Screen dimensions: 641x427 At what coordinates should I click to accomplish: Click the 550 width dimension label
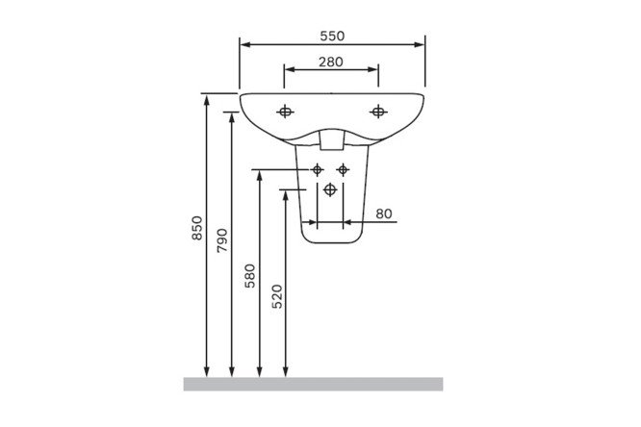pos(332,36)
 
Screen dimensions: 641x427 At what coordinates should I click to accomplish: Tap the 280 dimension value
pos(331,63)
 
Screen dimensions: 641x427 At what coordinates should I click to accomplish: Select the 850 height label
pos(197,228)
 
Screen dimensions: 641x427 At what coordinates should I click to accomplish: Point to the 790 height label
pos(222,240)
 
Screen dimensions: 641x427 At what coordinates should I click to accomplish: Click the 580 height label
pos(250,276)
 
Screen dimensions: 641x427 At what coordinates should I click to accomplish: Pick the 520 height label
pos(277,296)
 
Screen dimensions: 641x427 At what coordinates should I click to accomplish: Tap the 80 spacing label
pos(384,213)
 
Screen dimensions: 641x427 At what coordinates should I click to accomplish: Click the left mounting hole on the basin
pos(285,112)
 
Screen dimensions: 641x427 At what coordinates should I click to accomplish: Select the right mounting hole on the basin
pos(378,112)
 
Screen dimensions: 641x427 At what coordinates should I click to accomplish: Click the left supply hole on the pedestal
pos(318,169)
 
